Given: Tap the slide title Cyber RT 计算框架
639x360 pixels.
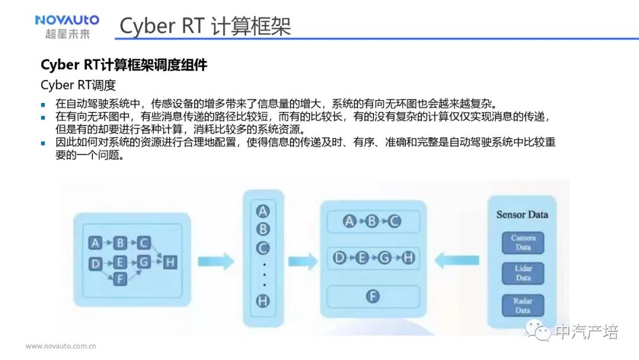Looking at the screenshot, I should coord(205,27).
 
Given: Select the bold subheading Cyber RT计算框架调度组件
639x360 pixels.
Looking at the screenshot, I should coord(124,65).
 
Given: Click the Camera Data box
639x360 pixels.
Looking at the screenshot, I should coord(522,243).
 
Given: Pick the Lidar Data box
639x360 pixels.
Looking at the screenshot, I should coord(522,273).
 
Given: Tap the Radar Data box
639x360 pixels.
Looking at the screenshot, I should coord(522,306).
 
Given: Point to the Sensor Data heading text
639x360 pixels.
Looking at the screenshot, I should coord(522,214).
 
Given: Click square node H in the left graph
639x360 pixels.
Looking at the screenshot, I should coord(170,262).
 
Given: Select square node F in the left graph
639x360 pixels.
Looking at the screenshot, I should coord(120,278).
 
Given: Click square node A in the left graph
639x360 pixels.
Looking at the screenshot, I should coord(95,243).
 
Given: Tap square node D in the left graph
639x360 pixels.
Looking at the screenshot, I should coord(95,263).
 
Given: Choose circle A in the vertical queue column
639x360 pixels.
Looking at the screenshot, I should coord(263,211).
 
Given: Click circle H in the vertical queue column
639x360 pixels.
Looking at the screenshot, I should coord(263,301).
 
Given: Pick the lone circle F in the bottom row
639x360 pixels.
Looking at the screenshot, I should coord(372,296).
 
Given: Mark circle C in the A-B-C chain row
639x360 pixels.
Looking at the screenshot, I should coord(394,221).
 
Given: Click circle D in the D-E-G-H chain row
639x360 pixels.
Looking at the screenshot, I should coord(340,258).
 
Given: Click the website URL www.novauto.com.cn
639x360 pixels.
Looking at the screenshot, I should coord(60,346).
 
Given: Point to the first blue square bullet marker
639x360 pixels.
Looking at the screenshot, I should coord(43,102).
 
